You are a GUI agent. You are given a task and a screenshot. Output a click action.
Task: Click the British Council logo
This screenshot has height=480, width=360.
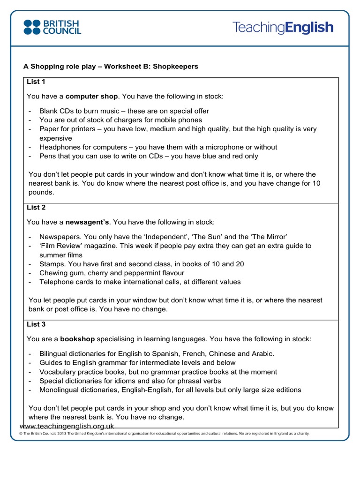(52, 27)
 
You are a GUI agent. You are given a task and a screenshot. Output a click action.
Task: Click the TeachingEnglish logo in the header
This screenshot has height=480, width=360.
(283, 28)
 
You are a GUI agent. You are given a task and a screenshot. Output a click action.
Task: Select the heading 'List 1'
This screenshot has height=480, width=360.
(36, 82)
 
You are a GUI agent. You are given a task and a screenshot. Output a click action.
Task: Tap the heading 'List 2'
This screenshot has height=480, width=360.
(36, 207)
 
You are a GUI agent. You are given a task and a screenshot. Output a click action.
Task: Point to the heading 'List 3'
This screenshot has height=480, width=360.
(36, 324)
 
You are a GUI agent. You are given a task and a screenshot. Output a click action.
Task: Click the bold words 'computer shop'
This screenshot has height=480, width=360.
(91, 96)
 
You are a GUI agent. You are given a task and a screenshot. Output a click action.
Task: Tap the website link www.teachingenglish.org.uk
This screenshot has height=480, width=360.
(67, 426)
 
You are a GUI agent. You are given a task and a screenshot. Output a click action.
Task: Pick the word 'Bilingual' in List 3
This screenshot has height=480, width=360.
(55, 353)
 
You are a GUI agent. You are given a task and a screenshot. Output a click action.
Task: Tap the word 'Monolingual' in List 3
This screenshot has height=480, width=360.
(60, 390)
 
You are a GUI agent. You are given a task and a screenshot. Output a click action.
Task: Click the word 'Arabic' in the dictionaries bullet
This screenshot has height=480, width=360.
(262, 353)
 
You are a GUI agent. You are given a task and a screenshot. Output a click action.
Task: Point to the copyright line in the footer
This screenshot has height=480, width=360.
(164, 434)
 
